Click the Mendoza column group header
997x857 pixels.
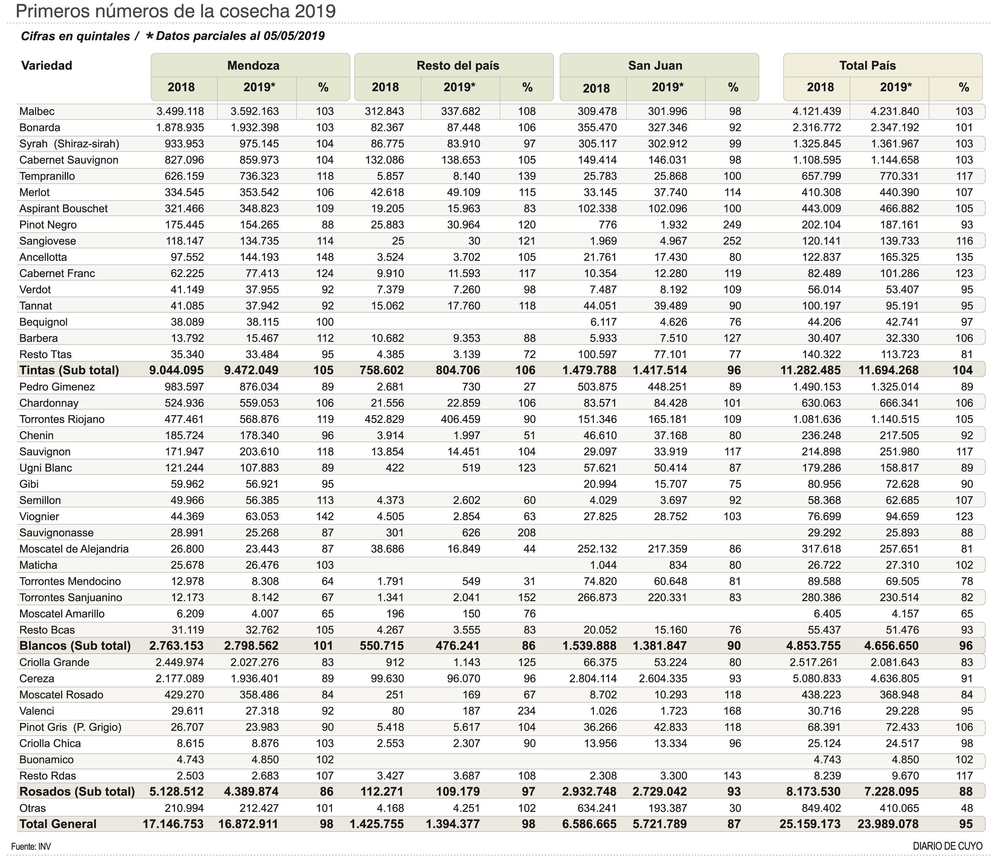click(x=253, y=65)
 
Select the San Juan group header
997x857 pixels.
click(x=655, y=65)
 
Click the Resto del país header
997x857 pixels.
click(x=457, y=65)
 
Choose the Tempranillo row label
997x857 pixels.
click(x=47, y=176)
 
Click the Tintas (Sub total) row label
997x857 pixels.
click(x=69, y=370)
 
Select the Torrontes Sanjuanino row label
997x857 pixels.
click(x=71, y=597)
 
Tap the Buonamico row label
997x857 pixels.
click(x=47, y=759)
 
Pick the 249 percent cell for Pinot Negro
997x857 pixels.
click(x=732, y=224)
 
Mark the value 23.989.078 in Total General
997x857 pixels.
click(x=888, y=824)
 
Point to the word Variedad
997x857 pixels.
click(x=47, y=65)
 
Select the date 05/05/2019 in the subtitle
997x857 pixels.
click(x=293, y=36)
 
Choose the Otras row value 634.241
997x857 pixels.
click(x=597, y=808)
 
